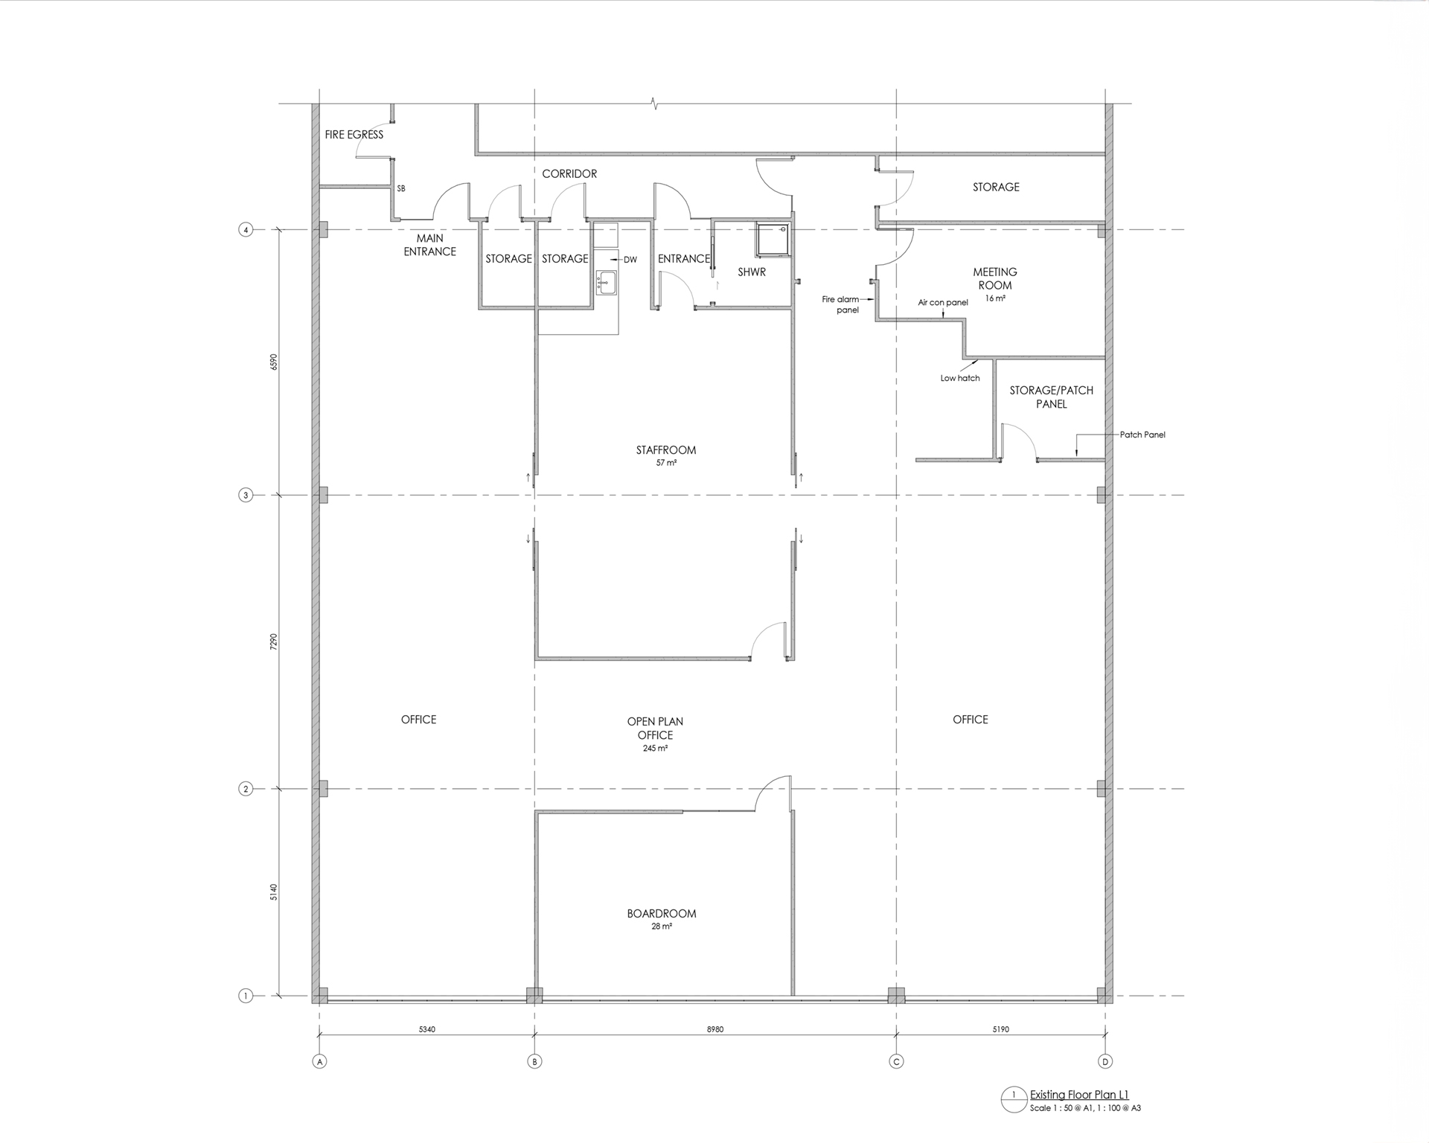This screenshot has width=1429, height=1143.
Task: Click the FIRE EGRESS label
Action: click(354, 135)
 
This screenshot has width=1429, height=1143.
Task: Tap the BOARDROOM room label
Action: click(662, 914)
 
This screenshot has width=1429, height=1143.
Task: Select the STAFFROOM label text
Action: click(666, 450)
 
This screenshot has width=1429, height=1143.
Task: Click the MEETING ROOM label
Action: click(995, 278)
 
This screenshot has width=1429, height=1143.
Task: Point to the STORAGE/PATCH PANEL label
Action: click(1052, 397)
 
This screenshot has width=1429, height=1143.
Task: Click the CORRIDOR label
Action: click(569, 174)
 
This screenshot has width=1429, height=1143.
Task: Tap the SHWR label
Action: click(752, 272)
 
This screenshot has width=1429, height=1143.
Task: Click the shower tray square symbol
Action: click(771, 238)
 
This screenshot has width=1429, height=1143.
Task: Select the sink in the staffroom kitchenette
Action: click(606, 282)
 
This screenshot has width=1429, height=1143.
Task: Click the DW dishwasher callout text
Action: click(630, 260)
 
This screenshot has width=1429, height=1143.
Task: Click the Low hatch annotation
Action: click(960, 378)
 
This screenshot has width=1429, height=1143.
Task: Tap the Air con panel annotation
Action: click(943, 303)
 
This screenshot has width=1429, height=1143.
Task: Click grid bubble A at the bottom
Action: click(320, 1062)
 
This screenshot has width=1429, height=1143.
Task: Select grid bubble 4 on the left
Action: click(246, 230)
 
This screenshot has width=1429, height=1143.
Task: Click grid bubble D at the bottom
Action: click(1105, 1062)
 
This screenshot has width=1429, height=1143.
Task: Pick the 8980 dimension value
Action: click(715, 1030)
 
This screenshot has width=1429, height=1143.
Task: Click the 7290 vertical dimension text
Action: click(274, 642)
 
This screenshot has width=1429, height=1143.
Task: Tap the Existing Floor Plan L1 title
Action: click(1079, 1095)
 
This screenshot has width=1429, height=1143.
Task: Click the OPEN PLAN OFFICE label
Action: click(655, 729)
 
